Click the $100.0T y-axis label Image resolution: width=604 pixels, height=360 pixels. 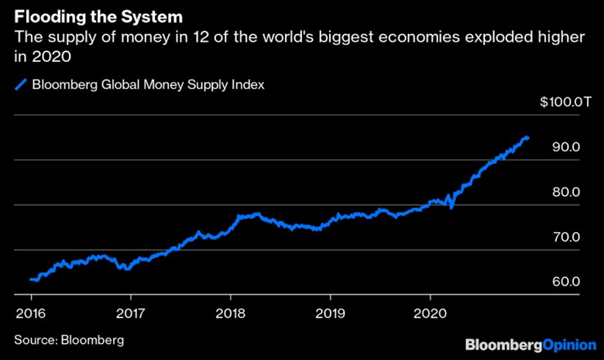tap(558, 101)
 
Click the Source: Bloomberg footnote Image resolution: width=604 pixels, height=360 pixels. tap(68, 339)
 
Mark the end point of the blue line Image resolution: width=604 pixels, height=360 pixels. tap(528, 137)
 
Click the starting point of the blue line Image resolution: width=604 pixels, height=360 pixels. tap(30, 279)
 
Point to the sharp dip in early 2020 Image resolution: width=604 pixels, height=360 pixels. tap(451, 207)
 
